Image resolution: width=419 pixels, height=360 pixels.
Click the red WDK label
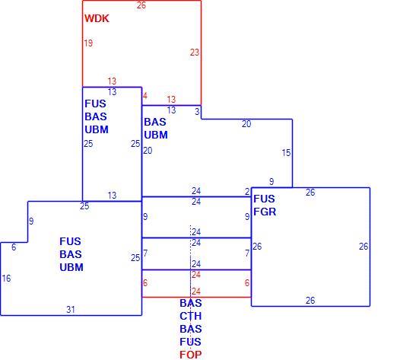click(x=97, y=18)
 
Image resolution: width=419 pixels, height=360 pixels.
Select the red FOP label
click(x=191, y=355)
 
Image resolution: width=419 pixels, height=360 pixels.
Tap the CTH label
click(x=191, y=316)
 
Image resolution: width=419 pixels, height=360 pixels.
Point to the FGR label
click(x=265, y=212)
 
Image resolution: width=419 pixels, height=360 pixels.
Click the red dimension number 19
click(x=88, y=43)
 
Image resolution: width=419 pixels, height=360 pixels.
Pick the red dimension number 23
click(x=195, y=53)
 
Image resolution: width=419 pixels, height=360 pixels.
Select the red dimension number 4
click(x=145, y=96)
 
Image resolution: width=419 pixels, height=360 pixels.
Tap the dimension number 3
click(x=197, y=112)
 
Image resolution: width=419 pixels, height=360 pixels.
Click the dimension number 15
click(x=286, y=153)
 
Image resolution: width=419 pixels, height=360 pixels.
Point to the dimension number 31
click(x=71, y=310)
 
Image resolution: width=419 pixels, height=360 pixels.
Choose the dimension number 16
click(x=6, y=279)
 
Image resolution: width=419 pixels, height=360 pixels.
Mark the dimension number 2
click(x=247, y=192)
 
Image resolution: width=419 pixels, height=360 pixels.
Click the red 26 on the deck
click(x=141, y=5)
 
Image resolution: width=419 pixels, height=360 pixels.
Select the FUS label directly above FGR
click(x=264, y=199)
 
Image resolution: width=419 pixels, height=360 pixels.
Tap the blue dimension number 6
click(x=14, y=247)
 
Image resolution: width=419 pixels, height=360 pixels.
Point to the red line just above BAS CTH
click(x=196, y=297)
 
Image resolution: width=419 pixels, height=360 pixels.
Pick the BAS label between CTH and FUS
click(x=191, y=329)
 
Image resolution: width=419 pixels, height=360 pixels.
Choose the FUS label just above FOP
click(x=191, y=342)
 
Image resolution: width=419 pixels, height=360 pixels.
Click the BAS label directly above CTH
click(x=191, y=304)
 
